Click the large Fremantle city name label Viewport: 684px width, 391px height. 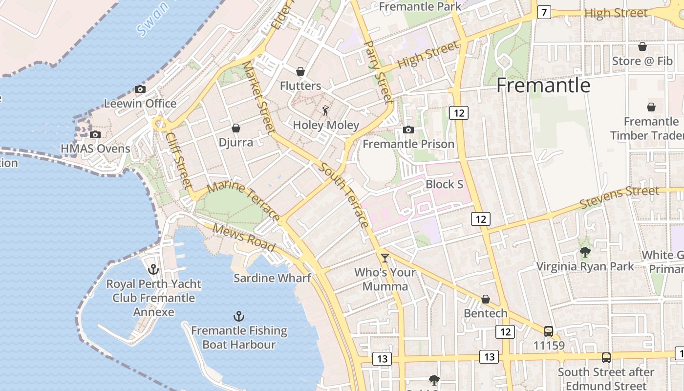[543, 86]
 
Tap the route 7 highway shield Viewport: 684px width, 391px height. [544, 12]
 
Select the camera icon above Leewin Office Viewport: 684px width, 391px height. [140, 89]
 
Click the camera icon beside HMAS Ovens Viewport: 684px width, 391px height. [95, 134]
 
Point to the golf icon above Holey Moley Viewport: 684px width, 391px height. [325, 110]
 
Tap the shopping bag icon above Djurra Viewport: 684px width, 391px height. [236, 128]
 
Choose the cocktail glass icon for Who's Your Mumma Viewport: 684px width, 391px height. [385, 258]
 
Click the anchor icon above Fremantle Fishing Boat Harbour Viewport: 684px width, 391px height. [239, 316]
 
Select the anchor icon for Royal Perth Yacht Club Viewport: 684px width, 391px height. [153, 269]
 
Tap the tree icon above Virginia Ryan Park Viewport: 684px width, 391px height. [585, 252]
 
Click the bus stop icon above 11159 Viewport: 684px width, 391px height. [549, 331]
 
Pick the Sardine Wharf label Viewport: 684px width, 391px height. [272, 278]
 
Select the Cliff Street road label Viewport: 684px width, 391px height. [178, 160]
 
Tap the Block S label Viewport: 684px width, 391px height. [444, 184]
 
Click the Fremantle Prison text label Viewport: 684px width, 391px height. [408, 144]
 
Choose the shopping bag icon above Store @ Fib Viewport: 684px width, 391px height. [642, 46]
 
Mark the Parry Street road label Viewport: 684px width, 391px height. [379, 72]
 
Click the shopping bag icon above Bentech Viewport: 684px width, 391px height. [486, 299]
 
